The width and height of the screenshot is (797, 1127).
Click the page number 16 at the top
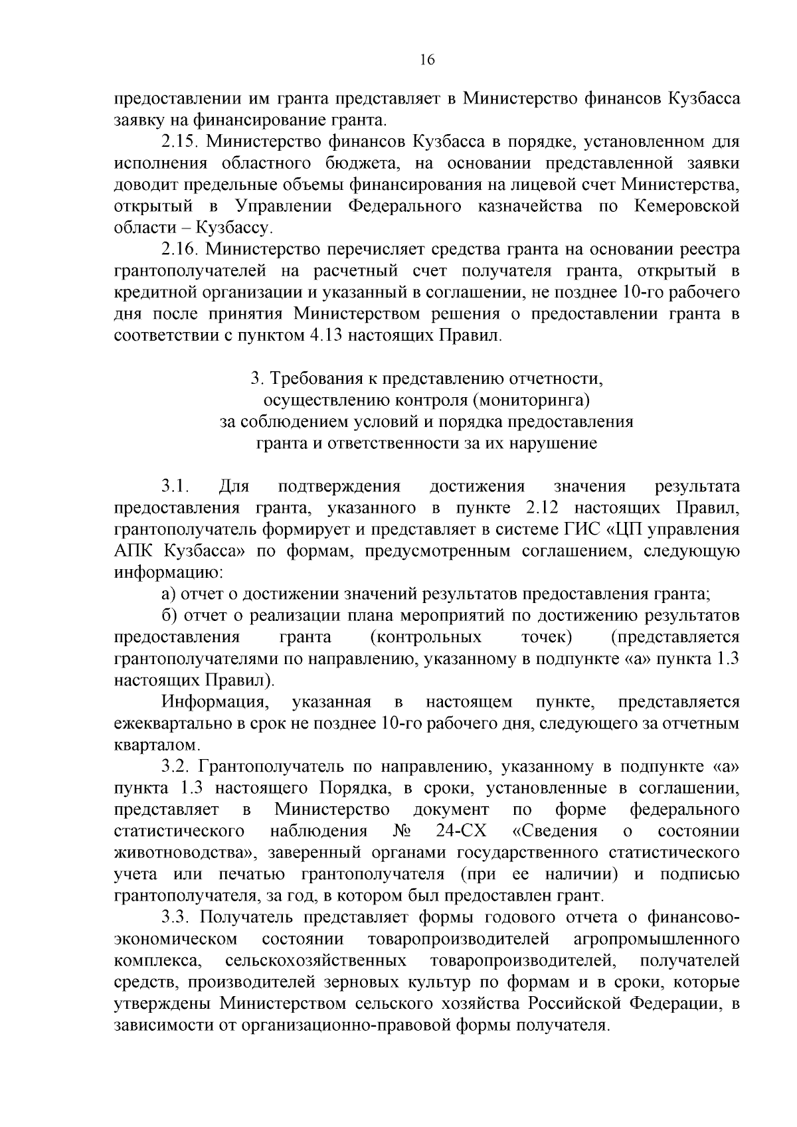point(427,60)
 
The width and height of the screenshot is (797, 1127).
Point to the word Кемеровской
point(687,206)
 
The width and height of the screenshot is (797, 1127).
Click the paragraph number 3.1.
point(175,487)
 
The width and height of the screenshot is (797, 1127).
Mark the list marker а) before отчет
point(167,594)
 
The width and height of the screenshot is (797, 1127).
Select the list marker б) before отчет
point(168,616)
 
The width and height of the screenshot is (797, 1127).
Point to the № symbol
point(401,831)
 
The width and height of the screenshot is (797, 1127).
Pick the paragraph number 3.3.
point(175,917)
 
